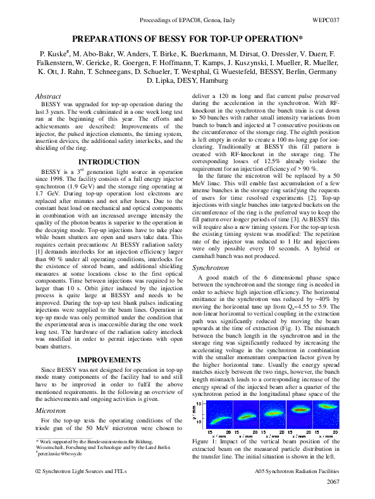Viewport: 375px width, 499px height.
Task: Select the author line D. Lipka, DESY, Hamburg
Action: (x=187, y=80)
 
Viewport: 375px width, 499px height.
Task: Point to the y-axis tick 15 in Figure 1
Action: (x=199, y=403)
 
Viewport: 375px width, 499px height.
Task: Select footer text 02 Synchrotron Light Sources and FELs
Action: (x=81, y=472)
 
